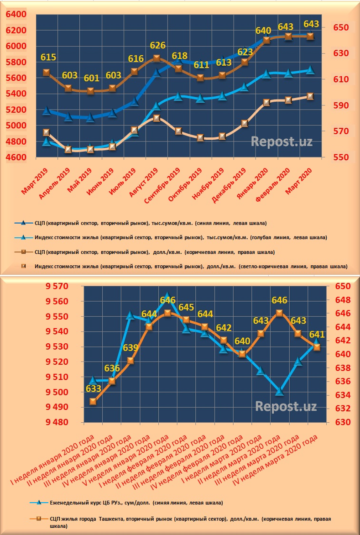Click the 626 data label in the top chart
[x=157, y=46]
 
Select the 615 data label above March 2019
[x=48, y=58]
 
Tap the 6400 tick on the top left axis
[x=17, y=15]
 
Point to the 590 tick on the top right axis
[x=339, y=105]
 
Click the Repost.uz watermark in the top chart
[x=282, y=141]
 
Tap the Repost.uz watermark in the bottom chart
[x=286, y=406]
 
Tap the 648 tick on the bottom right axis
[x=342, y=300]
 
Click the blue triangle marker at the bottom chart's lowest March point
[x=279, y=391]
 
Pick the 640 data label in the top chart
[x=264, y=31]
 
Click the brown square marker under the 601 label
[x=90, y=91]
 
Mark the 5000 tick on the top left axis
[x=17, y=126]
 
